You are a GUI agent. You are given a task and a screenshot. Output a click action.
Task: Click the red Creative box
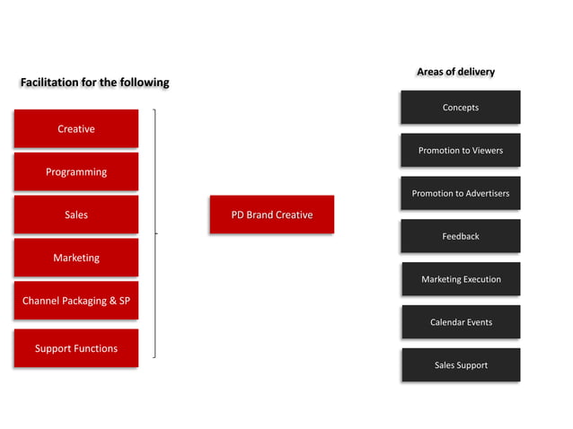click(x=76, y=128)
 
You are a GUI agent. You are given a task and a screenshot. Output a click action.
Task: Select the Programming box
click(x=76, y=171)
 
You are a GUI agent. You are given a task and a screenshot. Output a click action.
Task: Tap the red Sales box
click(x=76, y=214)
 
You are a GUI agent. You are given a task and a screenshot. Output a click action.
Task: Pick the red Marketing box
click(x=76, y=258)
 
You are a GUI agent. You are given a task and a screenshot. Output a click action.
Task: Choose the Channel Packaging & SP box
click(x=76, y=301)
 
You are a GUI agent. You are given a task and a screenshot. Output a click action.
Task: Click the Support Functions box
click(x=76, y=348)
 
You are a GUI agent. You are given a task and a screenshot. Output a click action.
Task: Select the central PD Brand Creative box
click(x=271, y=214)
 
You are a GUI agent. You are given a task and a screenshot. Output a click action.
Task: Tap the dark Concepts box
click(x=461, y=108)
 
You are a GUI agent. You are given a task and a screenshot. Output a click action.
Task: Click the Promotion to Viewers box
click(x=461, y=150)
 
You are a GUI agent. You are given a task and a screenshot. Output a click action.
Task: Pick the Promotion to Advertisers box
click(x=461, y=193)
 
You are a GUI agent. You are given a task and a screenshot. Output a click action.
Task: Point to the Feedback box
click(x=461, y=236)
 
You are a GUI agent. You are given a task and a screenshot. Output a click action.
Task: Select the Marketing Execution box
click(x=461, y=279)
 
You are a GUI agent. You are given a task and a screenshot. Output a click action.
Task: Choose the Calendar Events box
click(x=461, y=322)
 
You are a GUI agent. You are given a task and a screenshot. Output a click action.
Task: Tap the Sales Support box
click(x=461, y=365)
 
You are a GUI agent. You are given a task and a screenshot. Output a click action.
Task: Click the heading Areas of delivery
click(x=455, y=72)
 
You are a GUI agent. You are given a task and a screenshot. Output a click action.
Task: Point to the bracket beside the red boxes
click(x=155, y=233)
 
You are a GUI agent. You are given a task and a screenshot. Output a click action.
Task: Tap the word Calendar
click(x=447, y=322)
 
